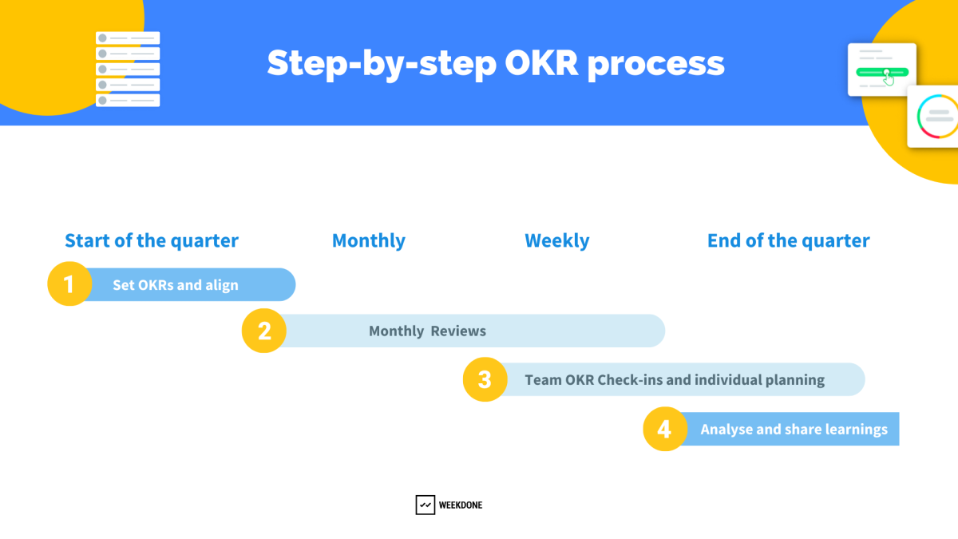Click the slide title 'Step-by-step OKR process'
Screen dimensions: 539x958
coord(496,63)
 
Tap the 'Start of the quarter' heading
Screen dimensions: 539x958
coord(152,240)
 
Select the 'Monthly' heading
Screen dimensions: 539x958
coord(368,240)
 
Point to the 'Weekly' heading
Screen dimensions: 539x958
coord(557,240)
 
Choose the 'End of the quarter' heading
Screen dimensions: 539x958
coord(788,240)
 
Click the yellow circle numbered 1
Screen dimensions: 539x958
coord(69,284)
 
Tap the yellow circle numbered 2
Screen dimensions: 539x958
coord(264,331)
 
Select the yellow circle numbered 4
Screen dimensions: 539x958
coord(665,429)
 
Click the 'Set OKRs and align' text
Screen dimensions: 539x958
coord(175,285)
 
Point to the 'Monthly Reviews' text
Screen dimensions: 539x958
coord(427,331)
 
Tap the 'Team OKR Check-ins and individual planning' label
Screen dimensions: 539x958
coord(675,380)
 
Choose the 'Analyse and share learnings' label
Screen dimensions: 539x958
coord(794,430)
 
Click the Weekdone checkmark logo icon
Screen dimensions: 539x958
coord(425,505)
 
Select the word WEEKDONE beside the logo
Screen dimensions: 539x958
coord(461,505)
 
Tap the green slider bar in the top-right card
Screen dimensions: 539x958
coord(881,72)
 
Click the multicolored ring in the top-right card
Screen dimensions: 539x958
coord(936,117)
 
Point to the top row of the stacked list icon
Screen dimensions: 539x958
coord(128,38)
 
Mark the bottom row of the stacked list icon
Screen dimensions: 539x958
coord(128,101)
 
